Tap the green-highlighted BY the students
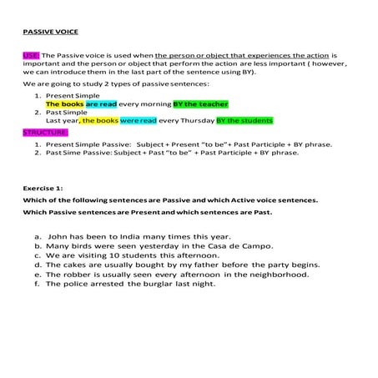point(244,121)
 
